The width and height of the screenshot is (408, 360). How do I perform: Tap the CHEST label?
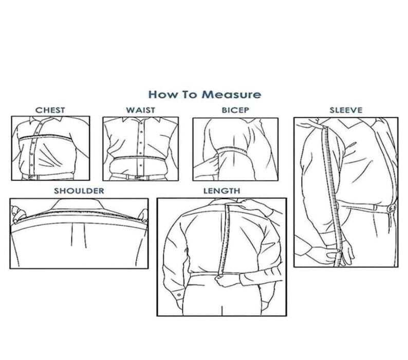click(50, 110)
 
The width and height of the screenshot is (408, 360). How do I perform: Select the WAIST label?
click(140, 110)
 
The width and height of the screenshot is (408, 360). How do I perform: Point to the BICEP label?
click(235, 110)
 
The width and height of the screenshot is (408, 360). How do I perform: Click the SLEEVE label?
click(346, 110)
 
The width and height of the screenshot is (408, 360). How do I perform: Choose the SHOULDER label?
click(79, 191)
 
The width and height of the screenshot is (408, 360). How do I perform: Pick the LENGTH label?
click(221, 191)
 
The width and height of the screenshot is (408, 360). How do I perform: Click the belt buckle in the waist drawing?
click(137, 177)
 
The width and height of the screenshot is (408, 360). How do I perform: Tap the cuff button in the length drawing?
click(179, 295)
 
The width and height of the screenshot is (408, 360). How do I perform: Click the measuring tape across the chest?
click(45, 137)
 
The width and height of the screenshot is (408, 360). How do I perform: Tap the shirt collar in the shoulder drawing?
click(77, 204)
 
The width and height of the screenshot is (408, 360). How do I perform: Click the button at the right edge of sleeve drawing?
click(392, 208)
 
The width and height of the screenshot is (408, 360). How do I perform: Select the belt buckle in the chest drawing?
click(31, 177)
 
